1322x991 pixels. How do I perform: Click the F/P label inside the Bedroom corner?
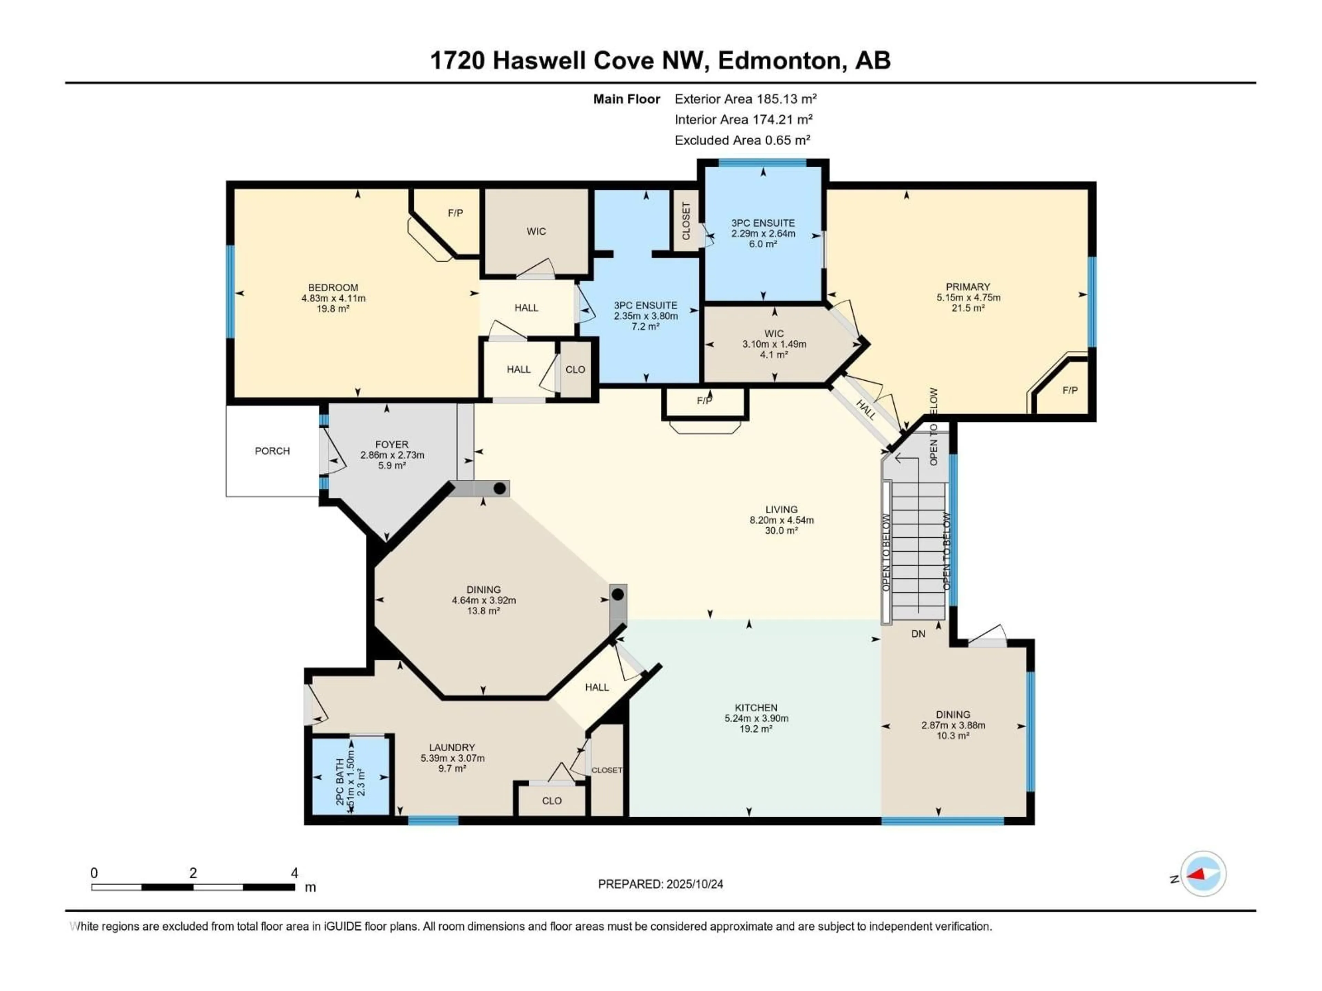(x=455, y=213)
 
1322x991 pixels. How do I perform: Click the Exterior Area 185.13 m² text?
(x=745, y=99)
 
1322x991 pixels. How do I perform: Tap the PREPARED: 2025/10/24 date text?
(x=660, y=884)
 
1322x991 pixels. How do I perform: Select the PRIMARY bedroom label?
(x=968, y=287)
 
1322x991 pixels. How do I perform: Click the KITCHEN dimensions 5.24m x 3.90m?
(x=756, y=718)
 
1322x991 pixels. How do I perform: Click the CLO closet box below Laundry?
(x=552, y=800)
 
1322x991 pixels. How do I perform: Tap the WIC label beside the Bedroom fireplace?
(x=536, y=231)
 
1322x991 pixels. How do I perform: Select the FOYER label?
(x=391, y=445)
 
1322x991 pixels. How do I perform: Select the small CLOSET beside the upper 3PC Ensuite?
(x=685, y=221)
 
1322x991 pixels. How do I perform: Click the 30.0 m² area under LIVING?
(x=781, y=531)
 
